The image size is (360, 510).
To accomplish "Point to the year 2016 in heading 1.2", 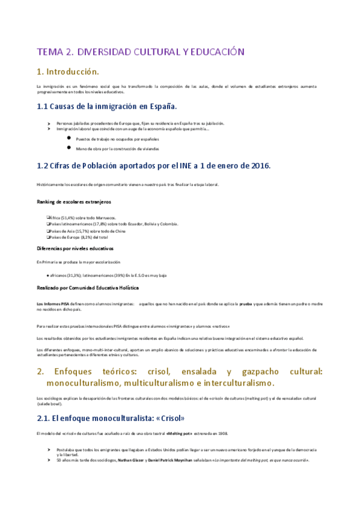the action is (258, 165).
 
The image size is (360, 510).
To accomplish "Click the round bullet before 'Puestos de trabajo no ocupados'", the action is (70, 138).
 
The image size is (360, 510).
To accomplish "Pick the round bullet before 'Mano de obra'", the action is (70, 147).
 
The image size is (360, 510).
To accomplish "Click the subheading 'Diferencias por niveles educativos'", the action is (75, 248).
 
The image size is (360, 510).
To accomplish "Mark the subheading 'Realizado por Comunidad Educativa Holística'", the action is (83, 288).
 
